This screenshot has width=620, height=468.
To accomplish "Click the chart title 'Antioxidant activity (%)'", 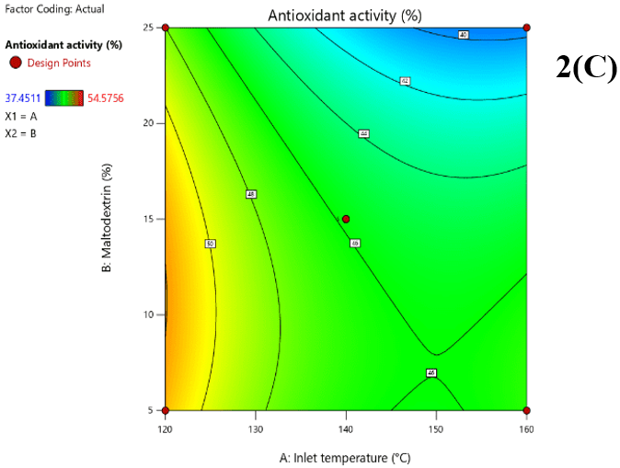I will tap(345, 16).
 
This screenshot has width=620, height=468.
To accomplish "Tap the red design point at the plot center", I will tap(346, 219).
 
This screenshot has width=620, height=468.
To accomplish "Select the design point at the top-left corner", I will tap(166, 28).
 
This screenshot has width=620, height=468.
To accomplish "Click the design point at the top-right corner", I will tap(526, 28).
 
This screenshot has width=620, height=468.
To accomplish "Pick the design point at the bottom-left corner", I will tap(166, 410).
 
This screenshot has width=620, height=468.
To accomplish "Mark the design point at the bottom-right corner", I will tap(526, 410).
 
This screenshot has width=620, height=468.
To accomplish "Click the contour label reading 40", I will tap(463, 35).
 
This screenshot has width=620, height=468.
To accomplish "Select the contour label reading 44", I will tap(363, 134).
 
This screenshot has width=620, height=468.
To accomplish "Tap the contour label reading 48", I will tap(251, 194).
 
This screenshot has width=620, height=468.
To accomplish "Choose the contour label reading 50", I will tap(210, 244).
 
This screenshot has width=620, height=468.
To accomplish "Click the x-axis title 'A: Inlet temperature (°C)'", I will tap(345, 457).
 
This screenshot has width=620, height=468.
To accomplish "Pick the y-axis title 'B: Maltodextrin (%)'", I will tap(108, 219).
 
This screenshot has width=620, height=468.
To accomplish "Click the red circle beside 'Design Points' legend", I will tap(15, 63).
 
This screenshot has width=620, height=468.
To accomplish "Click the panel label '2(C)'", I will tap(586, 68).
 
